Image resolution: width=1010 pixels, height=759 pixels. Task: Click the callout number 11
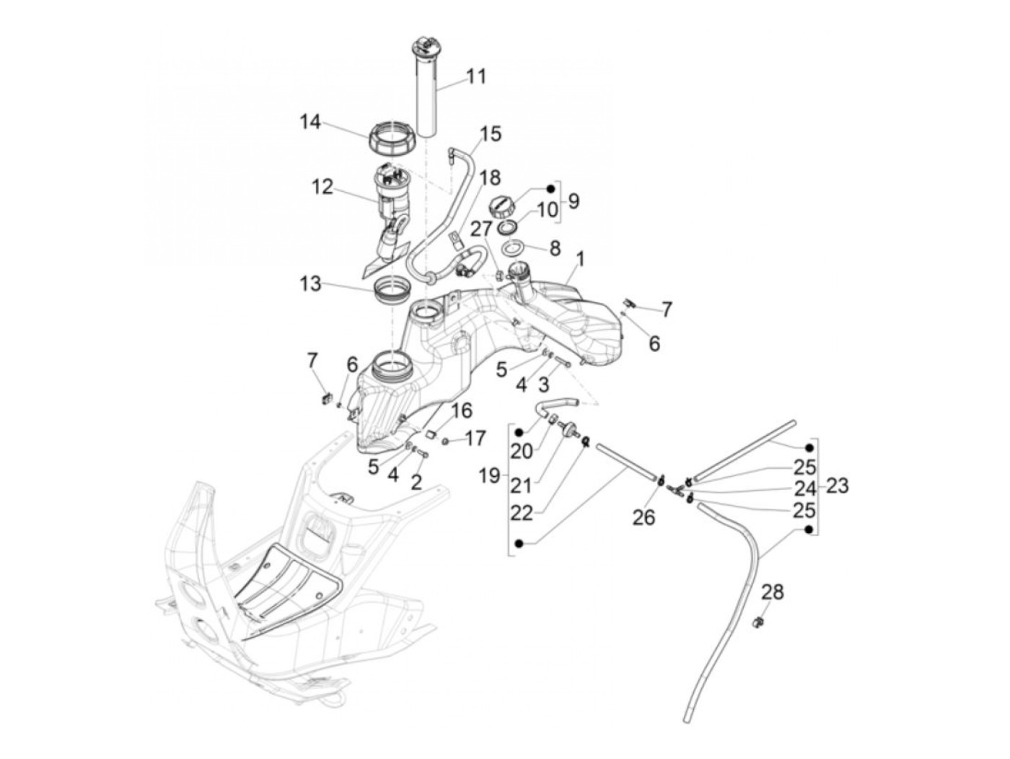pyautogui.click(x=476, y=76)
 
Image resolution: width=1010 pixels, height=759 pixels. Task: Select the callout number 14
pyautogui.click(x=311, y=123)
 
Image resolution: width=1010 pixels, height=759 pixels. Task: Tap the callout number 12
pyautogui.click(x=322, y=188)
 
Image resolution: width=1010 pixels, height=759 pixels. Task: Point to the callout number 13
pyautogui.click(x=311, y=284)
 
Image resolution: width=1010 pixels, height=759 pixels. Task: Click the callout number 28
pyautogui.click(x=773, y=592)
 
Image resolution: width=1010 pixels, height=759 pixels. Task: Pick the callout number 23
pyautogui.click(x=838, y=486)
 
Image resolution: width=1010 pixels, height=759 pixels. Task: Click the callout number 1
pyautogui.click(x=581, y=258)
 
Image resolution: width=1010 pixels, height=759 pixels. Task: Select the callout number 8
pyautogui.click(x=554, y=249)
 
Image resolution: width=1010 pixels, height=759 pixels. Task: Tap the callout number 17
pyautogui.click(x=475, y=438)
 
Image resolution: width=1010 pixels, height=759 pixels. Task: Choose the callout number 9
pyautogui.click(x=574, y=201)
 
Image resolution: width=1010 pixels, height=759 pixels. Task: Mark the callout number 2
pyautogui.click(x=416, y=482)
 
